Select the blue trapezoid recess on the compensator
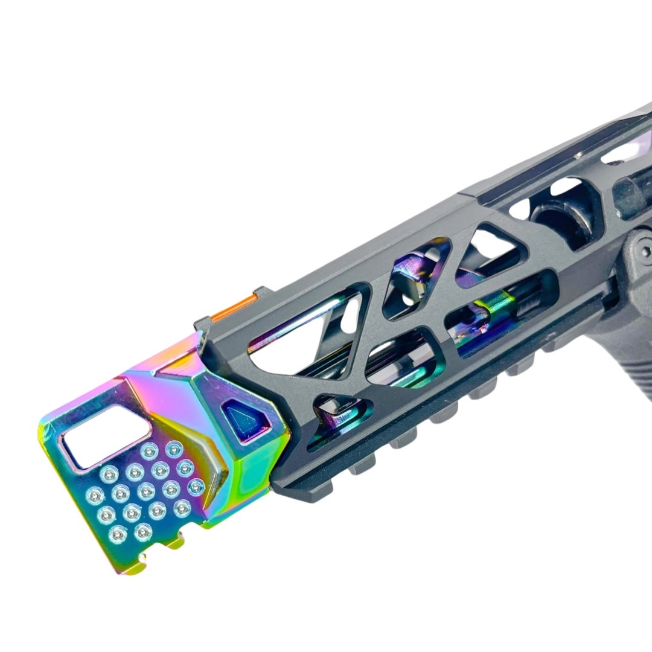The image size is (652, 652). (249, 416)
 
